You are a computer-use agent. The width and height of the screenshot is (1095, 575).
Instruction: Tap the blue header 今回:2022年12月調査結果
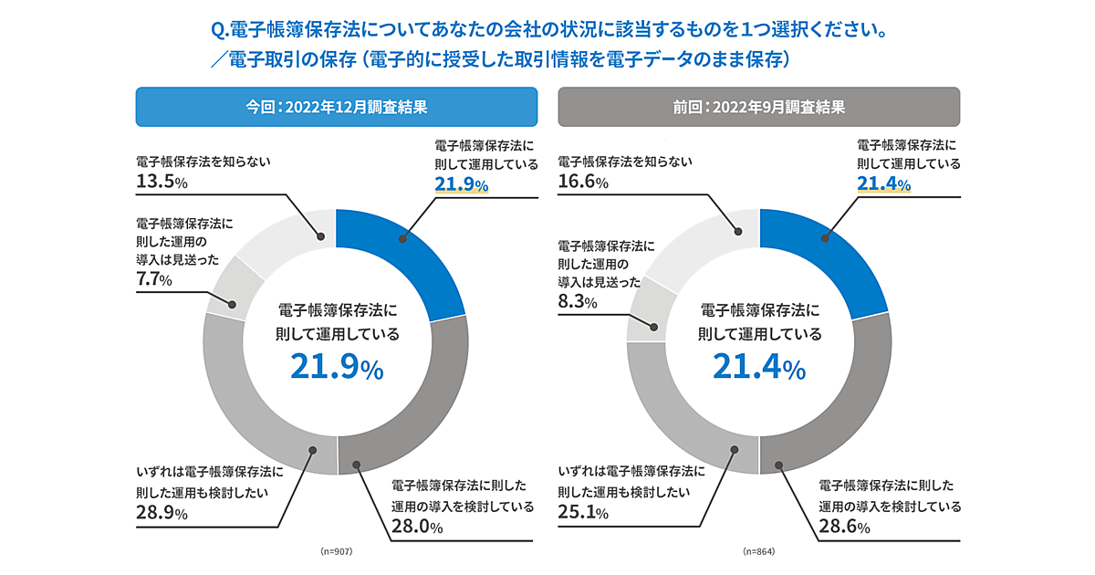click(337, 106)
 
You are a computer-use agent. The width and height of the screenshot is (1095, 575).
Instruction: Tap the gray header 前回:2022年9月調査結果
click(759, 106)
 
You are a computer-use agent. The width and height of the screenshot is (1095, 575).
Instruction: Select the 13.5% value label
click(162, 182)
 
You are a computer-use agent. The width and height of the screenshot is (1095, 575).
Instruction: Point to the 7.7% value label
click(153, 279)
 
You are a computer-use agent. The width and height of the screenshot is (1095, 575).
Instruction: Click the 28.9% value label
click(162, 512)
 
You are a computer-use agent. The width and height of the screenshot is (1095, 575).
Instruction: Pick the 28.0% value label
click(417, 527)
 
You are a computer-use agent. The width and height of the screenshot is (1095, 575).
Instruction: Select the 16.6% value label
click(583, 182)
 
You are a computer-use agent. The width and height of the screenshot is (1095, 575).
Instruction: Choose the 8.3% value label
click(576, 302)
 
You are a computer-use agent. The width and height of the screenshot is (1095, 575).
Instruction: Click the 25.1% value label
click(583, 512)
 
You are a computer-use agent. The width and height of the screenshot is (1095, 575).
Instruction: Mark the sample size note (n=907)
click(337, 552)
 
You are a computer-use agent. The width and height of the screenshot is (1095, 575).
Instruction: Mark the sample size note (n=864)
click(759, 552)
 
